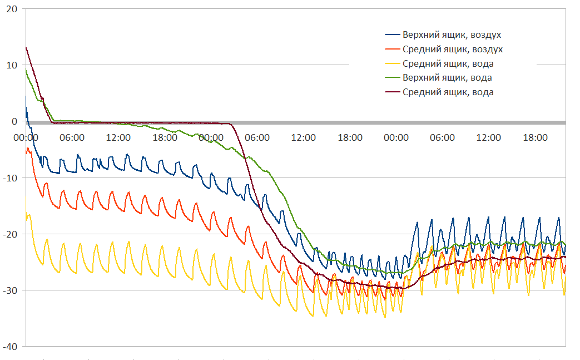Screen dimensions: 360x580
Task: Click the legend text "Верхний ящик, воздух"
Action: pos(448,35)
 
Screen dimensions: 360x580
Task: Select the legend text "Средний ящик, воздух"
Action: pos(448,50)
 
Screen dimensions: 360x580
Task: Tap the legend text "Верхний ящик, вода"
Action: pos(447,78)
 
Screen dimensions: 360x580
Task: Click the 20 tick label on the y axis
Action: pos(12,9)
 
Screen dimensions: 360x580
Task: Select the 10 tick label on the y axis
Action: pos(12,65)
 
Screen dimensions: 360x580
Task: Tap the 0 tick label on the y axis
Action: pos(14,121)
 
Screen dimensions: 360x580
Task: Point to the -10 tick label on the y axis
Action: pos(10,177)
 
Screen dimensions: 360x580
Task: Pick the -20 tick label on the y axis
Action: pos(10,234)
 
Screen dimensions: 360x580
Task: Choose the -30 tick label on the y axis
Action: pos(10,290)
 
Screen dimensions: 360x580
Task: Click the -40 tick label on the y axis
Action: pos(10,346)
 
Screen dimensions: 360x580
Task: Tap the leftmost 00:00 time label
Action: pos(26,137)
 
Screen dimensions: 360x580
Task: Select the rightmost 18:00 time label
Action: pos(535,137)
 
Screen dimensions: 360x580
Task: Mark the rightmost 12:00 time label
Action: pos(489,137)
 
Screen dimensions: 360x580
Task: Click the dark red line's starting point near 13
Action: pos(26,47)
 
